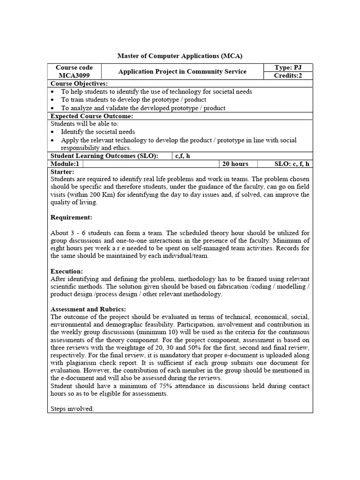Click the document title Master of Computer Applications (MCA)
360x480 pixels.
click(x=180, y=56)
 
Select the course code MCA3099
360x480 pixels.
click(x=74, y=75)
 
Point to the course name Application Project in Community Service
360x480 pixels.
click(x=182, y=72)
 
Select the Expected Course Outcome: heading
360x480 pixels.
click(x=91, y=116)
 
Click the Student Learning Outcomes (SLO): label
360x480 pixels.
click(x=104, y=156)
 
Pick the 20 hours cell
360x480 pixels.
click(x=236, y=164)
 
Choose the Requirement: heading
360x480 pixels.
click(x=71, y=217)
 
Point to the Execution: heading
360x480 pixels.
click(x=67, y=271)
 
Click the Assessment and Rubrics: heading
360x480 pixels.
click(x=88, y=309)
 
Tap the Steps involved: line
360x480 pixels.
click(x=72, y=409)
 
